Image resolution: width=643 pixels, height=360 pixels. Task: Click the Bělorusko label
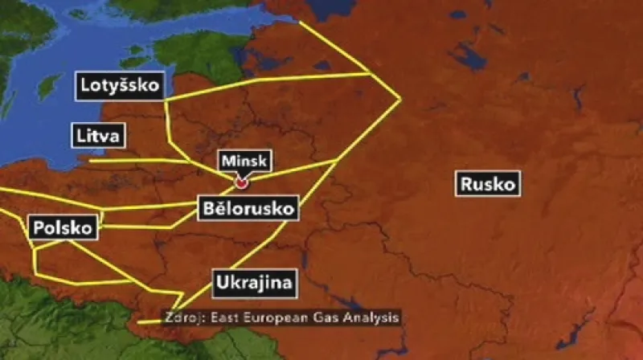pyautogui.click(x=247, y=210)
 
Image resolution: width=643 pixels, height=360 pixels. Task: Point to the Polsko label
pyautogui.click(x=63, y=227)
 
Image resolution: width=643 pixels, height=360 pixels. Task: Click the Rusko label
pyautogui.click(x=487, y=184)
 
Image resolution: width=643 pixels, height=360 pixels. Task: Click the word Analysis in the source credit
pyautogui.click(x=371, y=317)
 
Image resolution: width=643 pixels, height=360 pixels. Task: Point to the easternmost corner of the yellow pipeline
pyautogui.click(x=400, y=99)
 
